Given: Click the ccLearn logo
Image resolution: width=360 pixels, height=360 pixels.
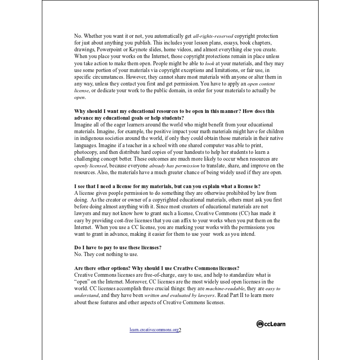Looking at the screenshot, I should click(x=271, y=324).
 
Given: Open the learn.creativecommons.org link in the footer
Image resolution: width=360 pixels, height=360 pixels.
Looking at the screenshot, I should click(x=154, y=330).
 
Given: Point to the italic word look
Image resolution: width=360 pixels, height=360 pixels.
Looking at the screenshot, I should click(x=210, y=63).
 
